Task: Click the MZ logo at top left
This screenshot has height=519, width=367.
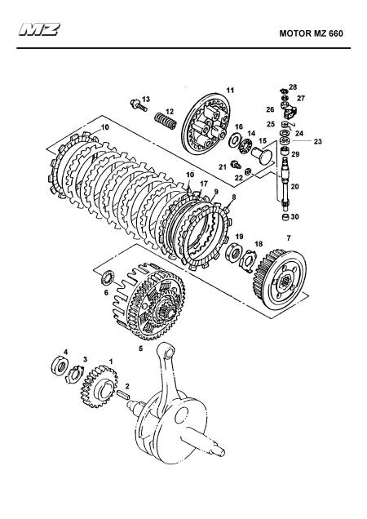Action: [39, 29]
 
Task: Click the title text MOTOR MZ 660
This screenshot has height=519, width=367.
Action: [311, 33]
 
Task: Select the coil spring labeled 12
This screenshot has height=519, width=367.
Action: [166, 121]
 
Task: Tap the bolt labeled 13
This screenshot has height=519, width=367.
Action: [139, 105]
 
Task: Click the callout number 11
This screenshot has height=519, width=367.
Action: [230, 90]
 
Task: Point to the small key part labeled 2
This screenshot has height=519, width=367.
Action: [124, 394]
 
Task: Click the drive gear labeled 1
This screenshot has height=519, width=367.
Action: [99, 387]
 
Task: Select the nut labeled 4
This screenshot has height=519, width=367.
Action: [60, 366]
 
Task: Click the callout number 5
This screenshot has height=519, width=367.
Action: [140, 348]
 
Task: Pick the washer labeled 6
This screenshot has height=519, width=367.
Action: [108, 277]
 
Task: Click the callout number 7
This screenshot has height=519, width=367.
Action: [289, 237]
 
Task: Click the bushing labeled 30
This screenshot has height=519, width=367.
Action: [285, 217]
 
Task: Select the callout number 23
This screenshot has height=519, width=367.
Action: [318, 141]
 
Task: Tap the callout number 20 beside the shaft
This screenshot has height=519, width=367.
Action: [294, 186]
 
